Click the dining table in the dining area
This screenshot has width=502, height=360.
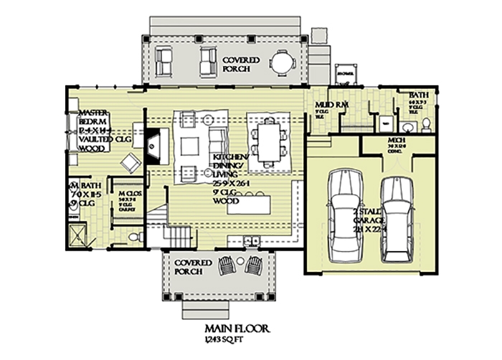(269, 140)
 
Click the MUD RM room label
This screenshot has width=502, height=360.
(331, 105)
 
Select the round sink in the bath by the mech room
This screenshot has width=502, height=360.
(407, 128)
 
